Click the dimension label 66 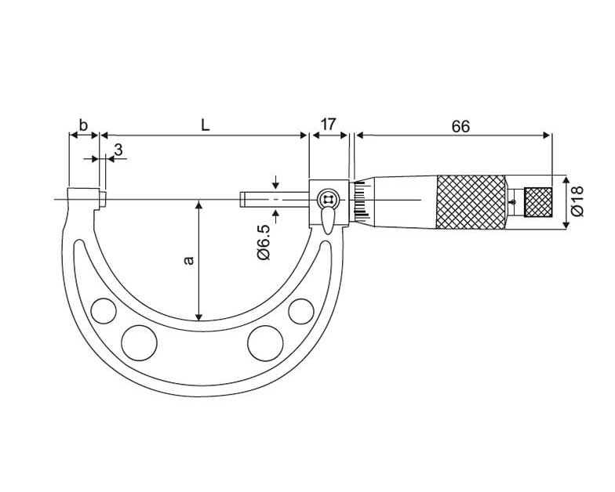point(460,126)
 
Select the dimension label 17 point(328,124)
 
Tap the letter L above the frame point(206,125)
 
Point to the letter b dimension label point(83,125)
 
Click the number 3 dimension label point(118,150)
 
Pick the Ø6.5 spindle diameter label point(264,242)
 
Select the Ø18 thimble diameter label point(577,201)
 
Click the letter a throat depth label point(189,260)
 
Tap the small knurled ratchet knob point(538,202)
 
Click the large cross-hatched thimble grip point(471,202)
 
